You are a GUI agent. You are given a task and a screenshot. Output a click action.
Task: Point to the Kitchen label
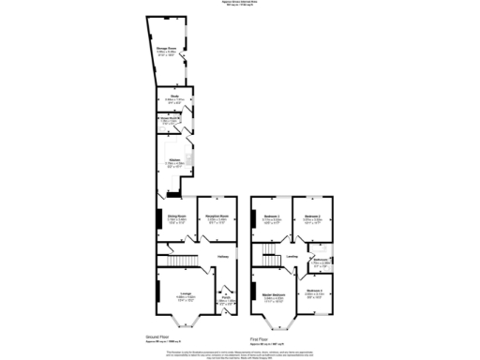(174, 160)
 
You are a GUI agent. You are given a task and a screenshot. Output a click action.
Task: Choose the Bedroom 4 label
(315, 292)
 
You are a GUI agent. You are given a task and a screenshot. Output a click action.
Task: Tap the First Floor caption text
(259, 338)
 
